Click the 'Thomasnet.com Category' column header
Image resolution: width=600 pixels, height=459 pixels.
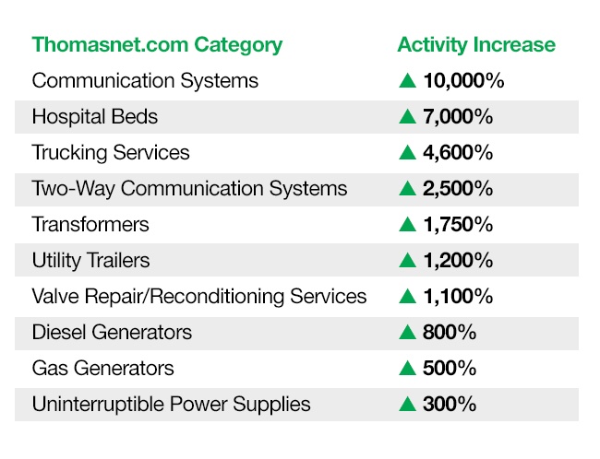coord(157,46)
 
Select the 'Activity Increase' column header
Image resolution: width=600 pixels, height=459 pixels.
coord(476,45)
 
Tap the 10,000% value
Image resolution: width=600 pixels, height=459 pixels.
coord(463,80)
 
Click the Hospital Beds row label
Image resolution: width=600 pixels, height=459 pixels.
coord(95,116)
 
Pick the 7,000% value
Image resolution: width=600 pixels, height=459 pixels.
coord(458,116)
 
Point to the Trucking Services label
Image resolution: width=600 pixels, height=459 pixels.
coord(111,152)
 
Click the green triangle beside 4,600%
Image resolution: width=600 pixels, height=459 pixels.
coord(407,152)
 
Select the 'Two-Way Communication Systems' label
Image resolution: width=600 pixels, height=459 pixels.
coord(190,189)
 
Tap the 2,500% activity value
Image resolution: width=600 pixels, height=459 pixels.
coord(458,188)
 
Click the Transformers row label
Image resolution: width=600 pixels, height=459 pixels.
coord(90,224)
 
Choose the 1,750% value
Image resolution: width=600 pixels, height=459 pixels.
coord(458,224)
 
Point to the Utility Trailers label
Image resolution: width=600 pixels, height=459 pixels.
coord(91,260)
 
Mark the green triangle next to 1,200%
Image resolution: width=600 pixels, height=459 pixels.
coord(407,260)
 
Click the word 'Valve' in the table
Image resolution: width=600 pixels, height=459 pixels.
coord(56,296)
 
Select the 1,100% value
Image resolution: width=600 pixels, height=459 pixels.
coord(458,296)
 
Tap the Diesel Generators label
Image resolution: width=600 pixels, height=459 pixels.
coord(112,332)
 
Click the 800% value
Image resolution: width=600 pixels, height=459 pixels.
coord(450,332)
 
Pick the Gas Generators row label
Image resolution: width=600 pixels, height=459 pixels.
coord(103,368)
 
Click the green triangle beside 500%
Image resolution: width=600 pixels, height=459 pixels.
coord(407,368)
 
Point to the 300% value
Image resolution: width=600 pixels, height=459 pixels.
coord(450,404)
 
